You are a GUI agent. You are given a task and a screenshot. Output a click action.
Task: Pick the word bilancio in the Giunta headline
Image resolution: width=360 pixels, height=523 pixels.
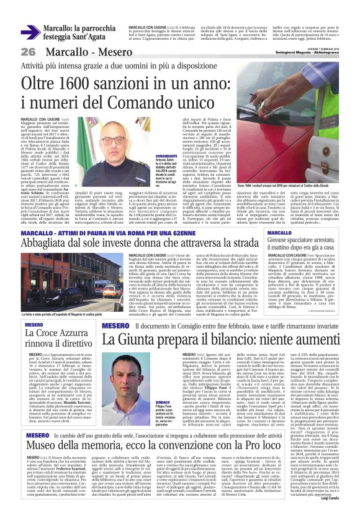pos(226,340)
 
